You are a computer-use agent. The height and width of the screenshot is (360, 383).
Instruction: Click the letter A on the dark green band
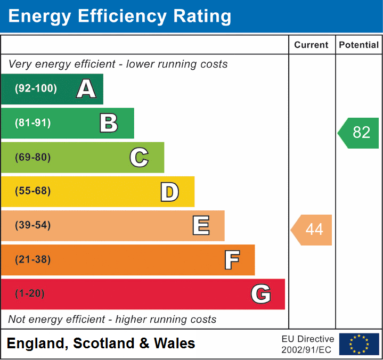(86, 89)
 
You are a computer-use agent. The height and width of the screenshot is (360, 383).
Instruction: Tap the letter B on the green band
(109, 123)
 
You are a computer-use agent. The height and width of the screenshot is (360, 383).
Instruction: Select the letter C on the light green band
(139, 157)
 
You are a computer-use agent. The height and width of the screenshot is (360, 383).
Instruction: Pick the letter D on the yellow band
(169, 192)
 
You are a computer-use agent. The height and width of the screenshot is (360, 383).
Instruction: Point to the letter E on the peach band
(201, 226)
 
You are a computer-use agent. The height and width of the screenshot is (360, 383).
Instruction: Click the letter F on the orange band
(232, 260)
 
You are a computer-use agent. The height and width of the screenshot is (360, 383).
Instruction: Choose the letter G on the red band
(261, 294)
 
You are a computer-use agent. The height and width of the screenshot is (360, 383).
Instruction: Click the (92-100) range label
(36, 89)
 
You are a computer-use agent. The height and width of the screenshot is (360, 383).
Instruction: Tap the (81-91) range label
(33, 123)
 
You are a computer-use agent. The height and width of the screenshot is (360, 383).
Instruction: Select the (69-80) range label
(33, 157)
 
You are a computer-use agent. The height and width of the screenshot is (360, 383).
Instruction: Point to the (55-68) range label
(33, 191)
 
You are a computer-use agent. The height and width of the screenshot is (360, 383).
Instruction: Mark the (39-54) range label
(33, 225)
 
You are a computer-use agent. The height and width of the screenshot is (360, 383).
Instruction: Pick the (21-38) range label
(33, 260)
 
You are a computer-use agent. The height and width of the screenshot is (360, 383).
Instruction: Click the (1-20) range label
(30, 294)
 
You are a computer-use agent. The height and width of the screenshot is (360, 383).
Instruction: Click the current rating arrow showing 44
(312, 230)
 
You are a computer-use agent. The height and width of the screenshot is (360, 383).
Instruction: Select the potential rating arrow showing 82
(359, 133)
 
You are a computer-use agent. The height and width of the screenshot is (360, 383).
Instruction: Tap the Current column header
(312, 45)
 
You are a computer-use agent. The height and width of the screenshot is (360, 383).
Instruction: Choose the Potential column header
(359, 45)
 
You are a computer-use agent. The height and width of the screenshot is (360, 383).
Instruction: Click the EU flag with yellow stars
(359, 344)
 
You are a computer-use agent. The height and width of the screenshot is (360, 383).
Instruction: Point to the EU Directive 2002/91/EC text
(308, 344)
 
